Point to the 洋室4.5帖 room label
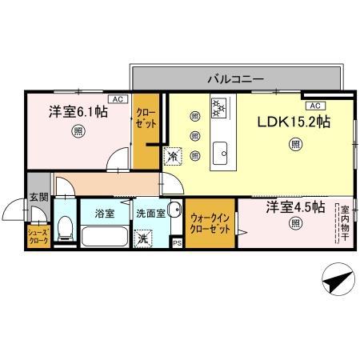(x=294, y=206)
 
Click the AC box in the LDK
(x=314, y=105)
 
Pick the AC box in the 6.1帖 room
(x=116, y=98)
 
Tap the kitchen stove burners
(x=219, y=107)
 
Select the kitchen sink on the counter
(x=220, y=150)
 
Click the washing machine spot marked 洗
(x=142, y=238)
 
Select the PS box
(x=177, y=242)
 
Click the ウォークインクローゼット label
(x=210, y=223)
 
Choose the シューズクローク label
(x=37, y=236)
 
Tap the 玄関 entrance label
(x=38, y=197)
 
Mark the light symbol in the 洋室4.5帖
(x=295, y=222)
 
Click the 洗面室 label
(x=150, y=214)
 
